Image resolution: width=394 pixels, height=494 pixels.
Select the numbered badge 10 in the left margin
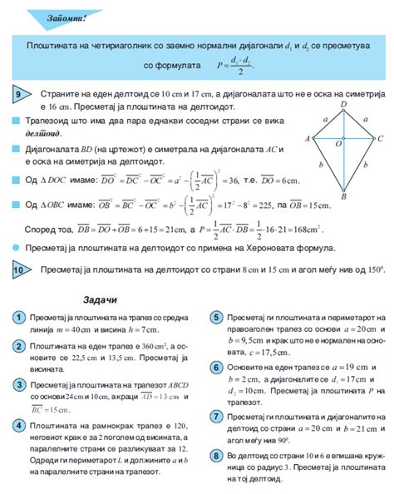tap(19, 270)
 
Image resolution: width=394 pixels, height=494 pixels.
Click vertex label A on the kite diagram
tap(308, 139)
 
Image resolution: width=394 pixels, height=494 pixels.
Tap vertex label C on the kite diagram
tap(380, 139)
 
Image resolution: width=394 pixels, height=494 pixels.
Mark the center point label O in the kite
tap(337, 145)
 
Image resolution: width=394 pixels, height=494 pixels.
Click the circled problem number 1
tap(17, 319)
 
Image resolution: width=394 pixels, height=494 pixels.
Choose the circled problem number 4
tap(17, 403)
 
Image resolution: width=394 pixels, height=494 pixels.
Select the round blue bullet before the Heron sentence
tap(17, 248)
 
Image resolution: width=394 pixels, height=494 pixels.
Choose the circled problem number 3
tap(17, 361)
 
